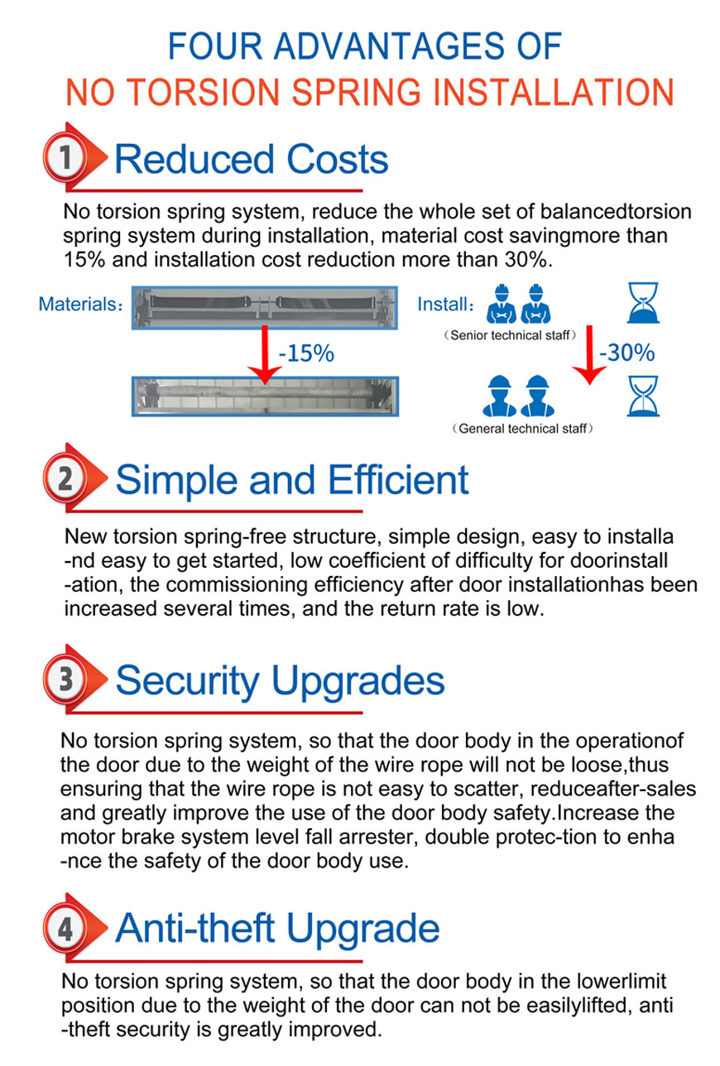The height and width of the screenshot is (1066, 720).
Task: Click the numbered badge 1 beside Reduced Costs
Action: coord(65,156)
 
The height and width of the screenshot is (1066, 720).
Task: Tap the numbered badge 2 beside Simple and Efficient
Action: coord(65,478)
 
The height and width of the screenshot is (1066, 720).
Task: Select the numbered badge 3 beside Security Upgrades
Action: coord(65,679)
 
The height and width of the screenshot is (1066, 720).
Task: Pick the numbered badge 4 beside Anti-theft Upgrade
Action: coord(65,928)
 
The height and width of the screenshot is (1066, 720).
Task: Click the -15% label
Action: coord(306,353)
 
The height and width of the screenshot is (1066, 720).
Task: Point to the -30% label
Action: coord(626,353)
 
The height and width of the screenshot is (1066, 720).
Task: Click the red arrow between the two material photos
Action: coord(265,354)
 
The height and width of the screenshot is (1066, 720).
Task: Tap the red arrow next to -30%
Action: coord(589,355)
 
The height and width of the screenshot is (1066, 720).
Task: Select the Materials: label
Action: coord(80,304)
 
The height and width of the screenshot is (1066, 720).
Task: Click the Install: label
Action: coord(445,304)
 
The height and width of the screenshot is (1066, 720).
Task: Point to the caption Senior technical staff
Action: coord(510,335)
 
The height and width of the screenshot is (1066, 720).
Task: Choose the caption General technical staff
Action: coord(522,429)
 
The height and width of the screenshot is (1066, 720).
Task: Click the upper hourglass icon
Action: coord(643,303)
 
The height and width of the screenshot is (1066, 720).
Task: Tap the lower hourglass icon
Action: coord(643,396)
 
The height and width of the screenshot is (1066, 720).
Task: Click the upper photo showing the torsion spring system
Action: coord(265,307)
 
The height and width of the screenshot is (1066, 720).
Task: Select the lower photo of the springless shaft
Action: coord(265,396)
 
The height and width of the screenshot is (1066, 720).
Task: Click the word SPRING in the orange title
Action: coord(356,92)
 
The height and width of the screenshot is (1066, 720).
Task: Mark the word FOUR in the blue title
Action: coord(215,46)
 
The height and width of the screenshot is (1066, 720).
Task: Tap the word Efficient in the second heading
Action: coord(398,480)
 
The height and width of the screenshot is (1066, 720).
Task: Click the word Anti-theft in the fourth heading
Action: coord(195,928)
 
